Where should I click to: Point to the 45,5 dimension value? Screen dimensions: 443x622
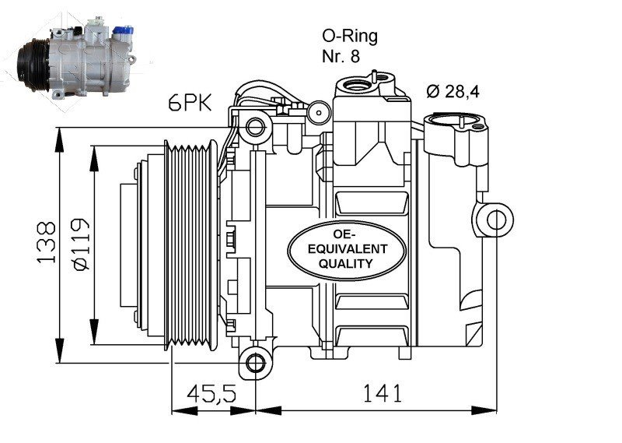pyautogui.click(x=212, y=394)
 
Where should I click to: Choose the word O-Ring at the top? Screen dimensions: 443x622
pyautogui.click(x=349, y=36)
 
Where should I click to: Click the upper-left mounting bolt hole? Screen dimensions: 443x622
pyautogui.click(x=253, y=125)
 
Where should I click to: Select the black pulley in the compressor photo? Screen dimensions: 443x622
pyautogui.click(x=35, y=59)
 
